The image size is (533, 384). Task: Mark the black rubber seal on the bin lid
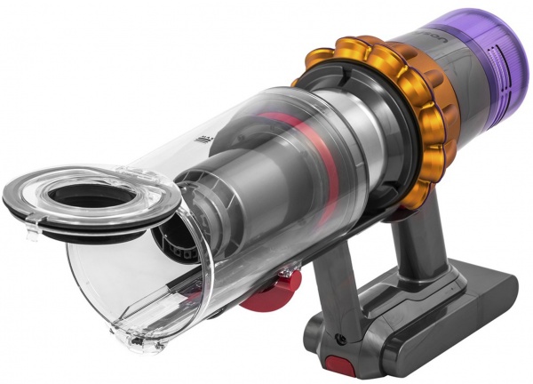pyautogui.click(x=53, y=218)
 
